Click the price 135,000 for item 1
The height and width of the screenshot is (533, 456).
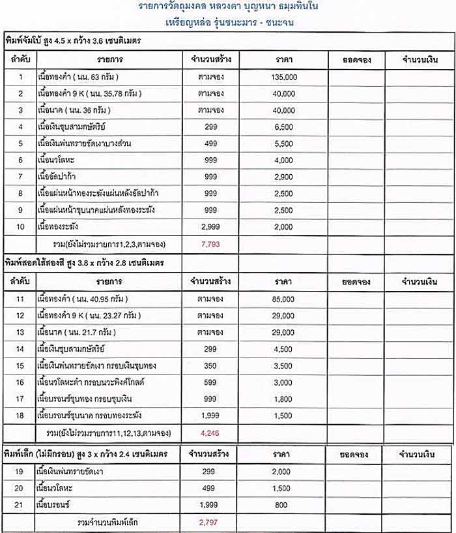(284, 77)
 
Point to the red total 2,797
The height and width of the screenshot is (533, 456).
(207, 523)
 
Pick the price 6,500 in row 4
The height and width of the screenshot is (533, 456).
(284, 127)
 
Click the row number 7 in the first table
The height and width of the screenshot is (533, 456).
(20, 177)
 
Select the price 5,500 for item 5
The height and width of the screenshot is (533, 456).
(284, 144)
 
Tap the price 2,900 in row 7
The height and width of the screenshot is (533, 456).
(284, 177)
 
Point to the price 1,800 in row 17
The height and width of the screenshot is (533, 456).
(284, 399)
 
